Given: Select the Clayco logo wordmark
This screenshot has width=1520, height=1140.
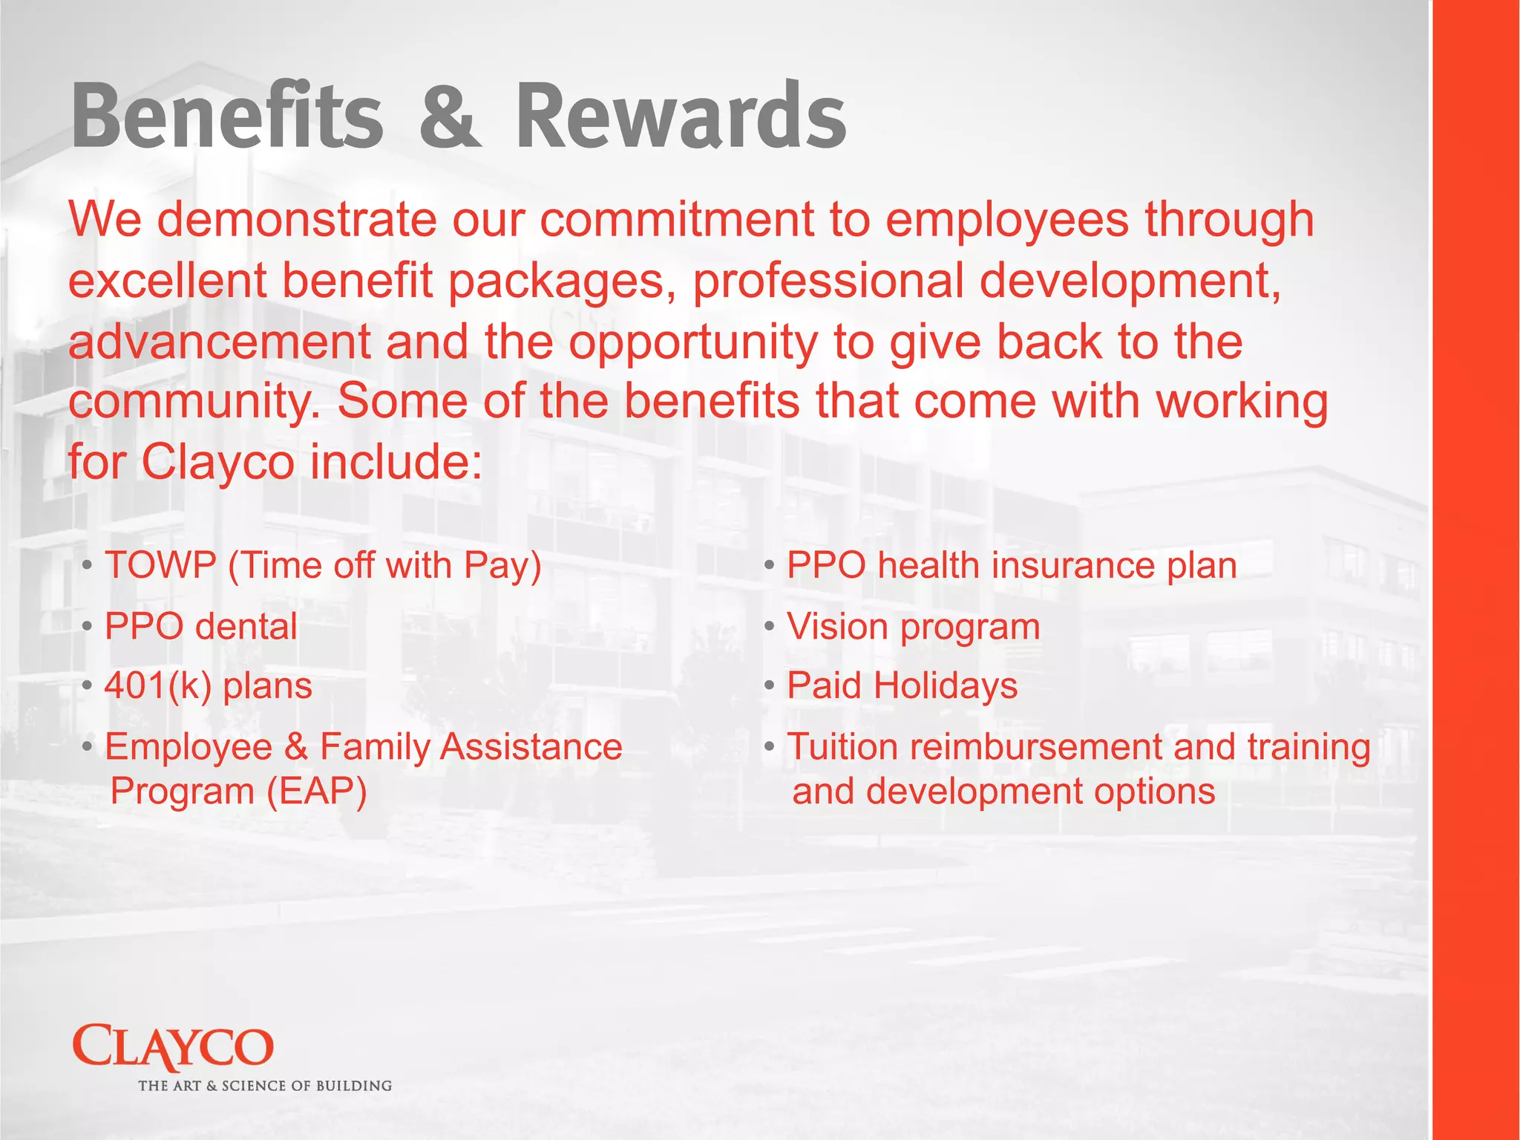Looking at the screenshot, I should pos(173,1048).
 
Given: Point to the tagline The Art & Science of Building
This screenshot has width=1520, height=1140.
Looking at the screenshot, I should pos(265,1086).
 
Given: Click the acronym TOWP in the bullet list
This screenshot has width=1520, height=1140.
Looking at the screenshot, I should pos(160,565).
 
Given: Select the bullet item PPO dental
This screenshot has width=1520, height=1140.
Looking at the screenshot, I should pos(200,626).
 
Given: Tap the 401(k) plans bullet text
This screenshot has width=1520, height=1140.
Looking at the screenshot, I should pos(208,685).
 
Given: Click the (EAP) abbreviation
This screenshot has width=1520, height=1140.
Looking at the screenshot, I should pos(317,791).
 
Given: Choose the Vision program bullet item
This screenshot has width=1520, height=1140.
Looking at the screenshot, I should pos(913,626).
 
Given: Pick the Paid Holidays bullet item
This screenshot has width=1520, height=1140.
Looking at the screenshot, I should pos(902,685).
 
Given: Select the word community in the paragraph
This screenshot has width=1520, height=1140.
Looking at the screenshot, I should pos(196,402).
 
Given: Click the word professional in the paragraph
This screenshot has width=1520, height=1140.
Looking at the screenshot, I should pos(828,281).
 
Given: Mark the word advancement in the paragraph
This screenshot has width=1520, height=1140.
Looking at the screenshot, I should pos(220,342).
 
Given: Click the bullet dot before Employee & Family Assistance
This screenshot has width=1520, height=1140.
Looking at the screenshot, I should pos(88,746).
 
